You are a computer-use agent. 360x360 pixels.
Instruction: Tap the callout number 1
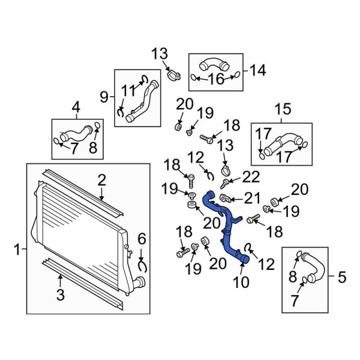click(17, 247)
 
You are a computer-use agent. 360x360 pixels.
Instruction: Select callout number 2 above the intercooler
click(102, 179)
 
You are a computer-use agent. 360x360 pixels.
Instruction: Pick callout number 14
click(257, 71)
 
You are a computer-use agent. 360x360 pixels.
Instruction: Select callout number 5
click(341, 277)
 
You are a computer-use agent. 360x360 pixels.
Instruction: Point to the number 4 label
click(76, 108)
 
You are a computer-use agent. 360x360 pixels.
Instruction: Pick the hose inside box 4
click(75, 131)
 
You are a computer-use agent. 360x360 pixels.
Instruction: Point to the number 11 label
click(129, 91)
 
